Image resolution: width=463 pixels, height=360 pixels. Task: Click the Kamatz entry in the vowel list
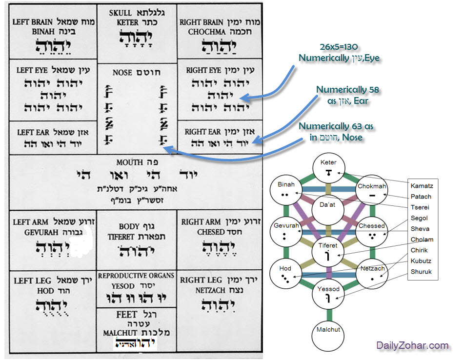pyautogui.click(x=422, y=185)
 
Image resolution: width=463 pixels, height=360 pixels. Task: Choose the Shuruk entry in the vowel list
pyautogui.click(x=421, y=271)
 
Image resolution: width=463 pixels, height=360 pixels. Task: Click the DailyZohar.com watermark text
pyautogui.click(x=412, y=345)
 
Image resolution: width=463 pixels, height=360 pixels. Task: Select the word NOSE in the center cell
pyautogui.click(x=122, y=72)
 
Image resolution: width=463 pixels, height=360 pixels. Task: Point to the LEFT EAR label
pyautogui.click(x=33, y=132)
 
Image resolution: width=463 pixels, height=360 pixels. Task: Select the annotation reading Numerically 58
pyautogui.click(x=348, y=89)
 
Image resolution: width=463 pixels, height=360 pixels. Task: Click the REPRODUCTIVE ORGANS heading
pyautogui.click(x=136, y=276)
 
